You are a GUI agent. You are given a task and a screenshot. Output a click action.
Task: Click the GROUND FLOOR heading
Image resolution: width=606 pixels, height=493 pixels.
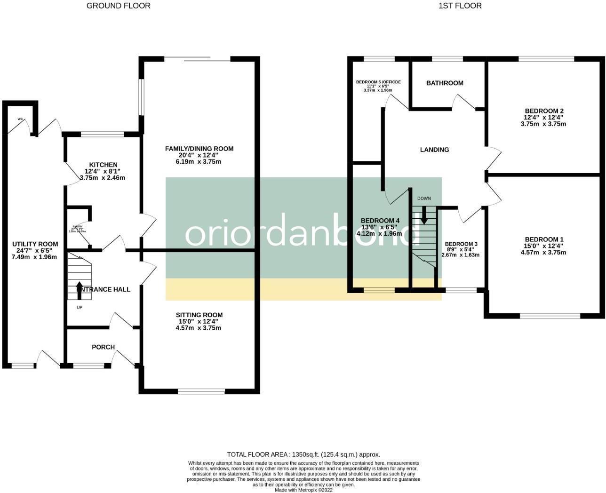[x=119, y=6]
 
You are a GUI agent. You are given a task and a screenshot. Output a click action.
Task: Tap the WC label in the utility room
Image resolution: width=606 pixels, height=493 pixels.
[x=20, y=119]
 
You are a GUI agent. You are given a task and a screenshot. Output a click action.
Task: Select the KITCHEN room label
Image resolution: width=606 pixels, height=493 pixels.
[x=103, y=165]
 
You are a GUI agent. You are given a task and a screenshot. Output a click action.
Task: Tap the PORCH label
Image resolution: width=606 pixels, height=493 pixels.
[x=103, y=347]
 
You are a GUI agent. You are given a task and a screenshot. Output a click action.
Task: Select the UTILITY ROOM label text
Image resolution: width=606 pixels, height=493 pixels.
[x=35, y=244]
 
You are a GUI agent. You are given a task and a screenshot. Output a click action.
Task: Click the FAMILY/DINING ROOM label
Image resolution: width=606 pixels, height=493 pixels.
[x=199, y=149]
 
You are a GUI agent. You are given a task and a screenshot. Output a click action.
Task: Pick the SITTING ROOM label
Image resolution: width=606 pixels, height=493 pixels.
[x=199, y=315]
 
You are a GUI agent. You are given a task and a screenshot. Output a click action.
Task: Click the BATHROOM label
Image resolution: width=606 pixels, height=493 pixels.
[x=445, y=83]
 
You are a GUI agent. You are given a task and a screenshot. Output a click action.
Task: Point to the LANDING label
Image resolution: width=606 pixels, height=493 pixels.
[x=434, y=150]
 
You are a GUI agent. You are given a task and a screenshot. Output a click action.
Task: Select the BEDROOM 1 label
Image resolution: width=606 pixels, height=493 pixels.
[x=543, y=239]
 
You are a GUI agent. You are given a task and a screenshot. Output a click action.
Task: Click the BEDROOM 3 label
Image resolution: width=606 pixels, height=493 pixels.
[x=461, y=244]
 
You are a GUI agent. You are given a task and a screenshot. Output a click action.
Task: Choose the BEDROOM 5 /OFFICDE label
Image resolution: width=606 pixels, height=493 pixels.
[x=378, y=82]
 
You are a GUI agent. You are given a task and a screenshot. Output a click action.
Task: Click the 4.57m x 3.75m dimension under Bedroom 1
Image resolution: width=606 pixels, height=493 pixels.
[x=543, y=253]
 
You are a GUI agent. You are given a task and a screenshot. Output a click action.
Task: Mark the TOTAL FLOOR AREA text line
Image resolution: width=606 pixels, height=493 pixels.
[x=303, y=454]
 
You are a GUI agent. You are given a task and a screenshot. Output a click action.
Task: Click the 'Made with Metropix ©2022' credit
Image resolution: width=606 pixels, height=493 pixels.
[x=303, y=490]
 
